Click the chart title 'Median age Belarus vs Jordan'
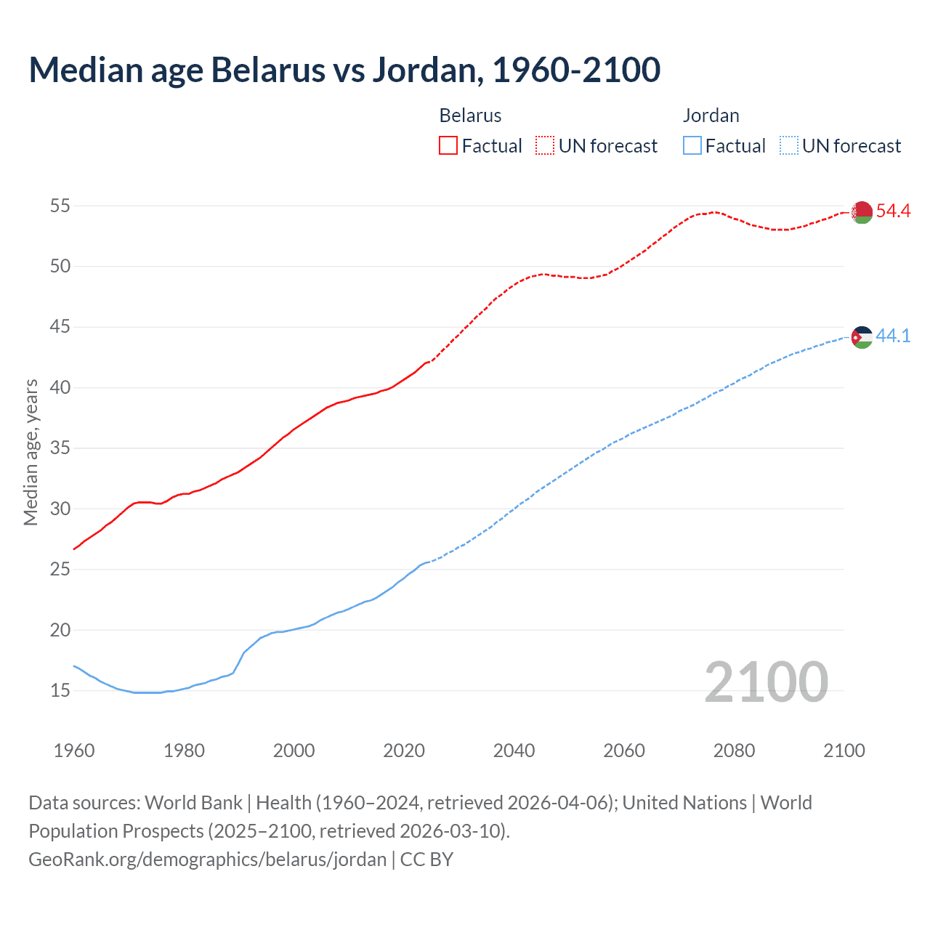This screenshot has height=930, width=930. (344, 70)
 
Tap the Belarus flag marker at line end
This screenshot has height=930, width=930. (862, 211)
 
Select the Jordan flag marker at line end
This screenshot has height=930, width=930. (862, 337)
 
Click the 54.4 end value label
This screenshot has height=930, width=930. (893, 211)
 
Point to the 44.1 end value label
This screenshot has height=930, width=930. (893, 336)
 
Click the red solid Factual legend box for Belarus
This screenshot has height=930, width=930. (448, 146)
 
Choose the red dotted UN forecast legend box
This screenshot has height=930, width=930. (545, 146)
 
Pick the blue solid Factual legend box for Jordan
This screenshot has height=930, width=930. (692, 146)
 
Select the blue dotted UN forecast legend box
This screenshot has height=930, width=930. (789, 146)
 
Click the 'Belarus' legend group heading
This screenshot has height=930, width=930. (470, 116)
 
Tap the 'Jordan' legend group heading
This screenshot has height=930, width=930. (711, 116)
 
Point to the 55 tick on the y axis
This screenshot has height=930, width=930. (60, 206)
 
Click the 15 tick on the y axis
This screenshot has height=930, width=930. (60, 691)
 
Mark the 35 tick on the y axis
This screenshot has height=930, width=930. (60, 448)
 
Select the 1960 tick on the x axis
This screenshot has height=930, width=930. (74, 751)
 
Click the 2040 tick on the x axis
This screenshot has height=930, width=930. (514, 751)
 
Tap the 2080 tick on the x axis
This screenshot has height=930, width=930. (734, 751)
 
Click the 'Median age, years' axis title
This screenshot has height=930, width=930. (31, 452)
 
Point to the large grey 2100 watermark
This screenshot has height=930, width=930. (766, 682)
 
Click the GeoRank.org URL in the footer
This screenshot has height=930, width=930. (208, 860)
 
